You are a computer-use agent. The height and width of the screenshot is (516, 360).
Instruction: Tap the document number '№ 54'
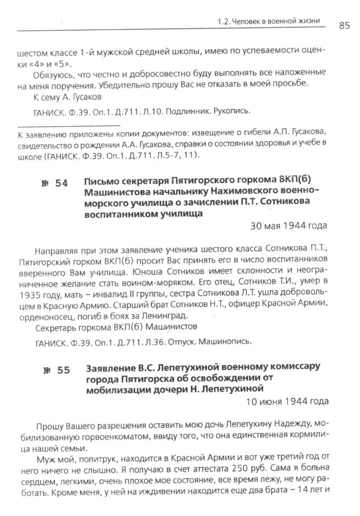54,183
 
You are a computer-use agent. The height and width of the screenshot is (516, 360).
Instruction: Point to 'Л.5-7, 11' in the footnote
173,155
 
